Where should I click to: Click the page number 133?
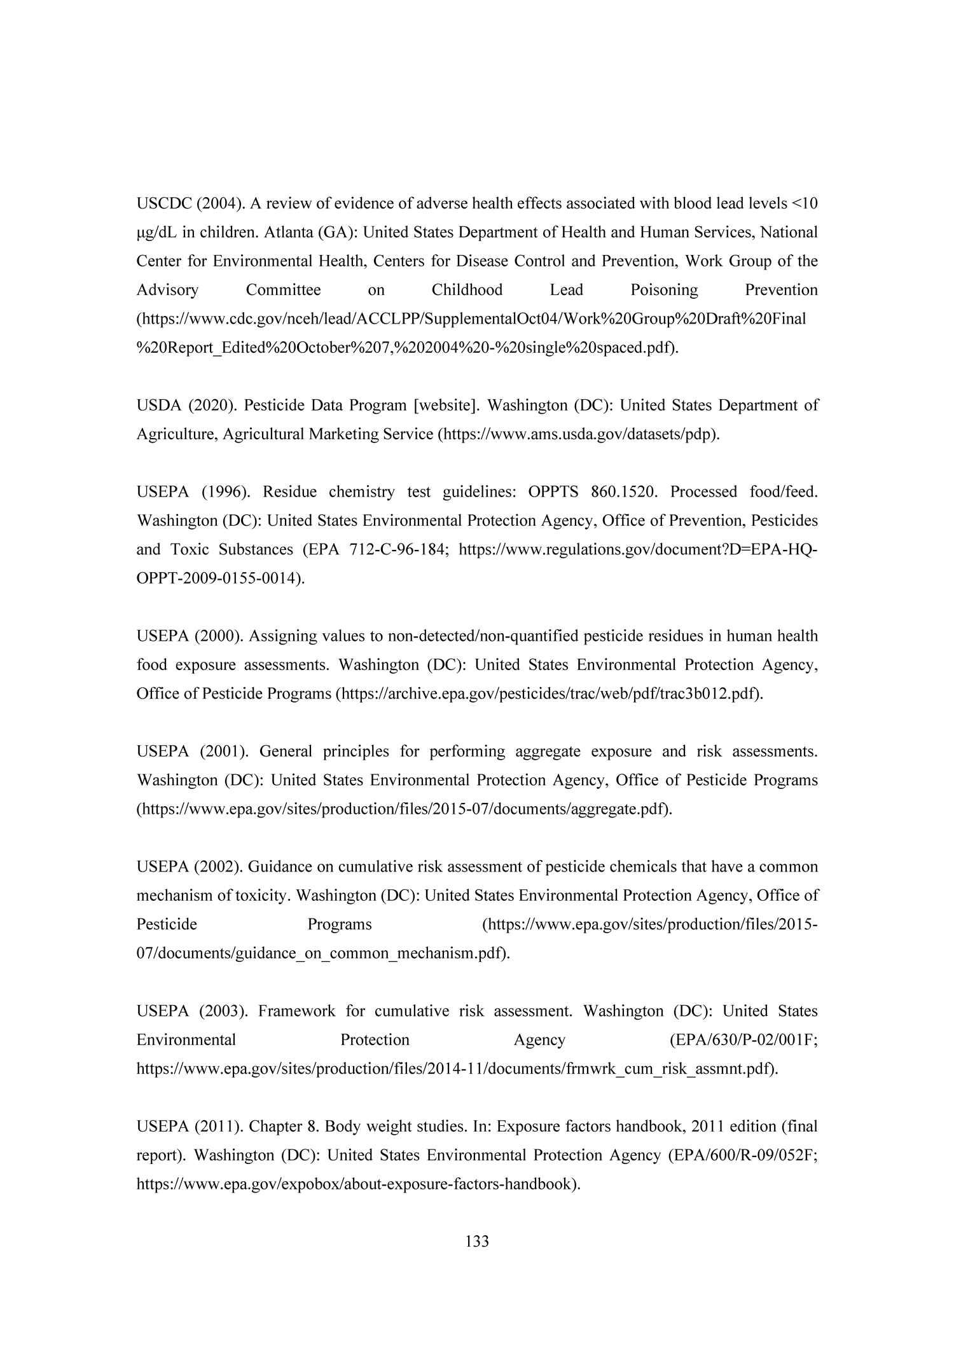click(x=477, y=1241)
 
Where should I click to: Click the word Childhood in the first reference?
click(x=467, y=291)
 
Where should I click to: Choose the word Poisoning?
click(x=664, y=291)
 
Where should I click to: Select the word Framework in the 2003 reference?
click(x=296, y=1011)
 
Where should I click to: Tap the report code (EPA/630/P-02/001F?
click(x=743, y=1040)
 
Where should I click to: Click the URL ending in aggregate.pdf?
click(x=404, y=809)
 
